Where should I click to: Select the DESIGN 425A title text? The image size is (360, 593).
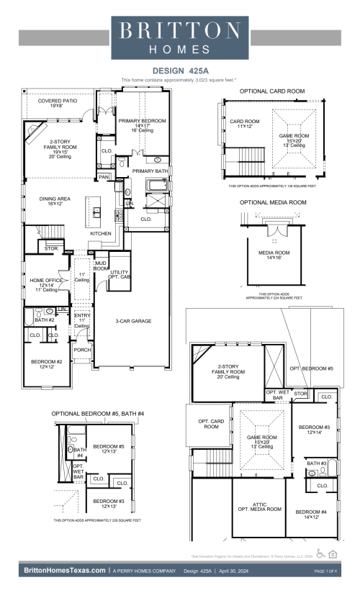(x=179, y=71)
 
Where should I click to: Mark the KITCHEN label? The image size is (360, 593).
(x=100, y=234)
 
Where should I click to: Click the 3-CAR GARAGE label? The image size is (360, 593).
(x=133, y=321)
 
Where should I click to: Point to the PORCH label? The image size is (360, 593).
(x=83, y=350)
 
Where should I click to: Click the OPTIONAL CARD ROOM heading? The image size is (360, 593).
(x=271, y=91)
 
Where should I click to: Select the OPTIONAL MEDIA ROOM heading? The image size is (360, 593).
(x=273, y=203)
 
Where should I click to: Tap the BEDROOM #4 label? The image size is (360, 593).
(x=312, y=514)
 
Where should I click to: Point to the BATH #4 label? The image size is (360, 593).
(x=79, y=453)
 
